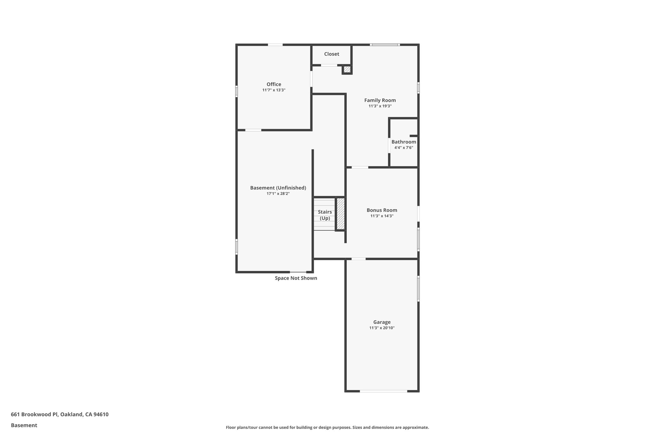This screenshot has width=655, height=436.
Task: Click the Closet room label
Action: (331, 54)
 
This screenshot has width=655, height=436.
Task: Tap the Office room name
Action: (274, 84)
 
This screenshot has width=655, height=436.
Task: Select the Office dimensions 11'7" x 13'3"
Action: (274, 90)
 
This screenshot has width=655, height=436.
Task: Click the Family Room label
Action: (380, 100)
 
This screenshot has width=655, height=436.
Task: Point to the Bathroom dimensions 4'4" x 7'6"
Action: (404, 148)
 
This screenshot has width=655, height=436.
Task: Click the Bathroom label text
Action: (404, 142)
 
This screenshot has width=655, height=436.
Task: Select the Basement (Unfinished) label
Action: (278, 188)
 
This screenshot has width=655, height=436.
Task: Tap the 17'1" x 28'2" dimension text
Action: (278, 194)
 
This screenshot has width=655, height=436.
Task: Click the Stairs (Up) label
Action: (325, 215)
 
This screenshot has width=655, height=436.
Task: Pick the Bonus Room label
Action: (382, 210)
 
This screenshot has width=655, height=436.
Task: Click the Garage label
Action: (382, 322)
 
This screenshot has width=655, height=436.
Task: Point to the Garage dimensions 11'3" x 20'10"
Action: (382, 328)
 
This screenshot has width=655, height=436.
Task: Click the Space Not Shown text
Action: (296, 278)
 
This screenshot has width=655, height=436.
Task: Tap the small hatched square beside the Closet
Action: (347, 69)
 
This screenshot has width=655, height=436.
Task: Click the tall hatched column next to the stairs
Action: (341, 214)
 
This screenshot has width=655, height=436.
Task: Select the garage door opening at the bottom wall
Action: (383, 391)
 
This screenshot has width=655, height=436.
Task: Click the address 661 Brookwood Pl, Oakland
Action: (59, 415)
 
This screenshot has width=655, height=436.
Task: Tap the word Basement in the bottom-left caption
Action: (24, 425)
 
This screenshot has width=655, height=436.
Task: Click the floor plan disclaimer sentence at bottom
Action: (327, 427)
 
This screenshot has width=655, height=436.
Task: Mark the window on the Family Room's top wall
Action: (385, 45)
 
